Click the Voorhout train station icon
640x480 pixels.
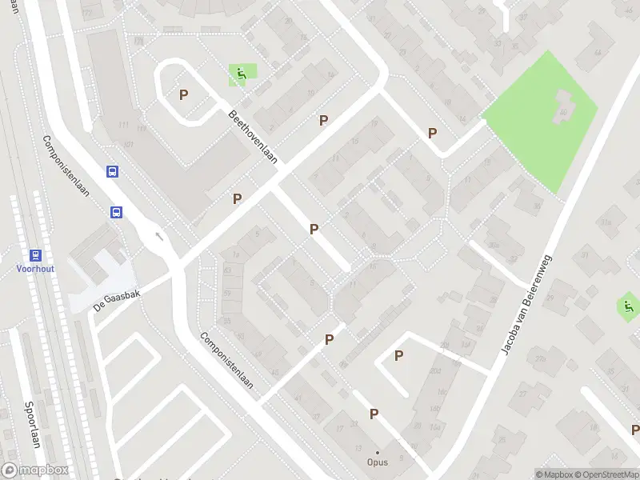pyautogui.click(x=35, y=255)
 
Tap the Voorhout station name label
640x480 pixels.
pyautogui.click(x=35, y=270)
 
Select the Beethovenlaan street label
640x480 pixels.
pyautogui.click(x=253, y=138)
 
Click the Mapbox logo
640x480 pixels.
pyautogui.click(x=34, y=470)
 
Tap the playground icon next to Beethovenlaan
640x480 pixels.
pyautogui.click(x=240, y=76)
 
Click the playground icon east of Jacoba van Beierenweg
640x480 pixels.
pyautogui.click(x=628, y=305)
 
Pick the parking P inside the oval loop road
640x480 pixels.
pyautogui.click(x=184, y=94)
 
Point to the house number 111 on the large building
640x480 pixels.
pyautogui.click(x=123, y=126)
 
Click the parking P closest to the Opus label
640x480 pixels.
pyautogui.click(x=374, y=414)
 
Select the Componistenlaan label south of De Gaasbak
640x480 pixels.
pyautogui.click(x=226, y=360)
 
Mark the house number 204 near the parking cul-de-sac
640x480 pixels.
pyautogui.click(x=435, y=370)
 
